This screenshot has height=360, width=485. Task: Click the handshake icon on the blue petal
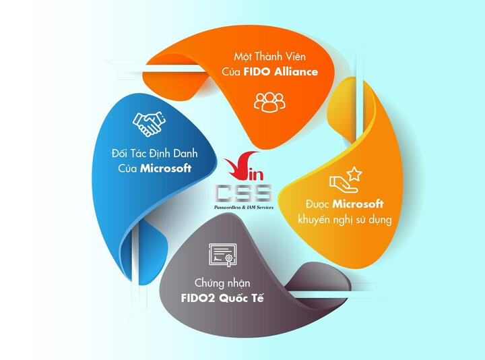149,124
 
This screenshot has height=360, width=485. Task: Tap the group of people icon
269,102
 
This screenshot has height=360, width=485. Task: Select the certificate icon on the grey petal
223,255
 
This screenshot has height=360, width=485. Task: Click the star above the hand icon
354,174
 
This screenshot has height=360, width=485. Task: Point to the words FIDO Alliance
281,72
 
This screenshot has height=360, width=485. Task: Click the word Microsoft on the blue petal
166,169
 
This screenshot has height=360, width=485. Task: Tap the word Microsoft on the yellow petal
358,204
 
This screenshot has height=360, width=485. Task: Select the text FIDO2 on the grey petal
198,299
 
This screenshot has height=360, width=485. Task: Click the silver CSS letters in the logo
244,193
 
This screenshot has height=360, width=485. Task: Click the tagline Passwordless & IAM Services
244,208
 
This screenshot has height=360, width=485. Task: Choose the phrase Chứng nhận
222,283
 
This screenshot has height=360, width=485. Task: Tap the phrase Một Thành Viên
269,57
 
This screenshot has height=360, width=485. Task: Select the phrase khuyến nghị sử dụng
345,220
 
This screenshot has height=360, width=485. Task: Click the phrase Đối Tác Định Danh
155,154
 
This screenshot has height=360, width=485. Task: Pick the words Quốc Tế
241,299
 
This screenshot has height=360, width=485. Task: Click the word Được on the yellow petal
317,204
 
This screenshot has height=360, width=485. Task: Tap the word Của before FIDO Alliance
231,72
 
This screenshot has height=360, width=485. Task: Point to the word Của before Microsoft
127,169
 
